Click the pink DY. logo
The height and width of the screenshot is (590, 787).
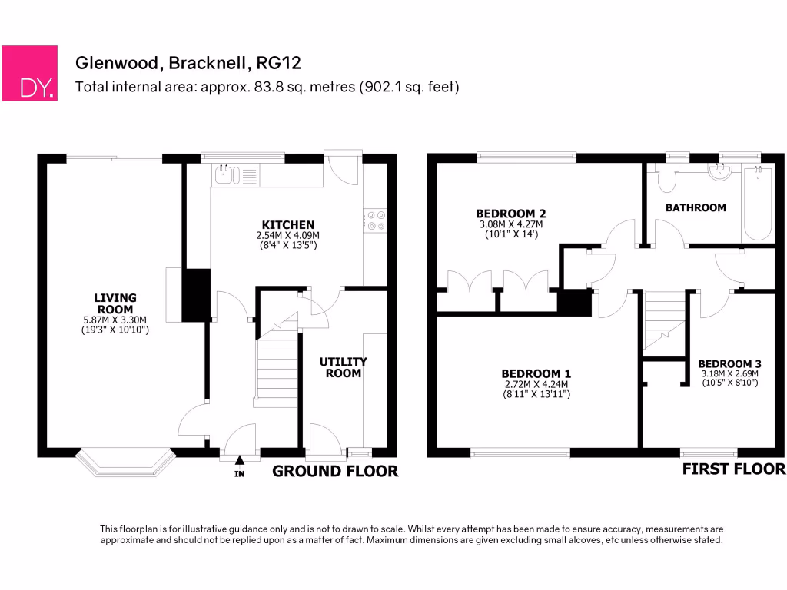29,73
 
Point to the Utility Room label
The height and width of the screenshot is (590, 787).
344,367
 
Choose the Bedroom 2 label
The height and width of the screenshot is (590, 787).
511,214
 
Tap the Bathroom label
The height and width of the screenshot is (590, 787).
696,207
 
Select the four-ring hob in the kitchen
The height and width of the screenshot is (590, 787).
377,220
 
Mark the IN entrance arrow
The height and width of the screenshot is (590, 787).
239,460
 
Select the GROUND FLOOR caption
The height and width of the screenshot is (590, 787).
336,471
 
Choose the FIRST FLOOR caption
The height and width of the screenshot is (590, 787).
734,469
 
